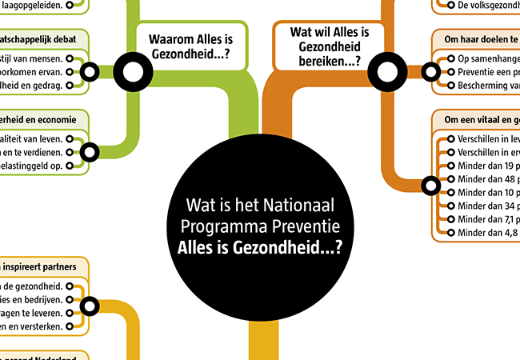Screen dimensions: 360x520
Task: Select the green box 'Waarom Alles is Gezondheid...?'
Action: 189,46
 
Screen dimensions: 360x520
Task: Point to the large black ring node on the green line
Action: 134,71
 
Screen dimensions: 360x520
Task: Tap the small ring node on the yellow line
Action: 89,306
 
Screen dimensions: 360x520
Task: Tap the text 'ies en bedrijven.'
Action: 34,299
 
